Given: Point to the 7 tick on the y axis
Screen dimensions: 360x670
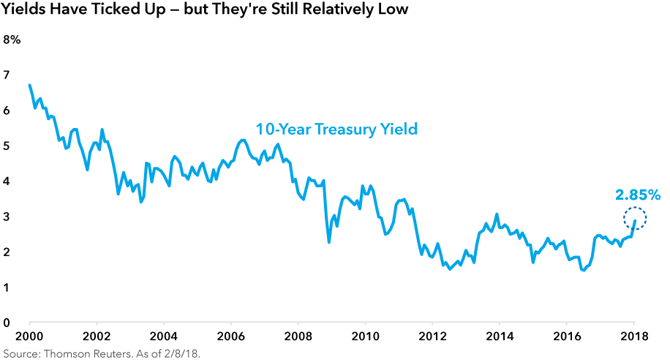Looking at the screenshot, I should [7, 75].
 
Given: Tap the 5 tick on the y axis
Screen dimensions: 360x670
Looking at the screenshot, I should [7, 146].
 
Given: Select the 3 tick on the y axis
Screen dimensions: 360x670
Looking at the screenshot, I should [7, 217].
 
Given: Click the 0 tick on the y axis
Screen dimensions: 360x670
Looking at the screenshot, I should [7, 323].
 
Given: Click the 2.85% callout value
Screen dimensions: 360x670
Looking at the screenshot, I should [637, 195].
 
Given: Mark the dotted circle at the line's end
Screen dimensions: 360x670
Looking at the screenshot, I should [635, 219].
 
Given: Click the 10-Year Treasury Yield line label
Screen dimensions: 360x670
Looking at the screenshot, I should [336, 130].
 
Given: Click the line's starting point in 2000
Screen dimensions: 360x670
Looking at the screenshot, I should [29, 85].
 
